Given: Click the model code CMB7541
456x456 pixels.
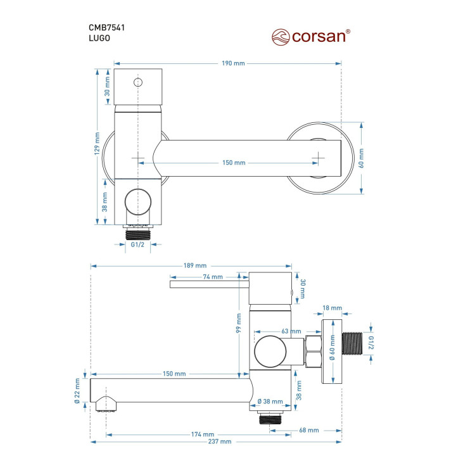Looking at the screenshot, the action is [x=107, y=28].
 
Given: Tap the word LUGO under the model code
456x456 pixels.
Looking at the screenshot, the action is [x=99, y=38].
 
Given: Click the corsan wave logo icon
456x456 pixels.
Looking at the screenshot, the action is [x=281, y=37].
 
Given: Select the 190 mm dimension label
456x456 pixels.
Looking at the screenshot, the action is [x=233, y=63].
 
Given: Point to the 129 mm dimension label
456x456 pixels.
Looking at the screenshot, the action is [x=97, y=143].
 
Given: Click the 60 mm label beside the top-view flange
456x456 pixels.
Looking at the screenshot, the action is [x=361, y=158].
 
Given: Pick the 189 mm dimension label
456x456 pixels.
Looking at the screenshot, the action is [x=195, y=265].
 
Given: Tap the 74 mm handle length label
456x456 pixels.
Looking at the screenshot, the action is [x=213, y=277].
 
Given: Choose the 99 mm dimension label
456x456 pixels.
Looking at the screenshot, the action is [x=239, y=323].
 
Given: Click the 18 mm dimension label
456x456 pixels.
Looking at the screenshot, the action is [x=332, y=308].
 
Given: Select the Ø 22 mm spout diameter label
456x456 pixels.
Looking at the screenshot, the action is [x=77, y=391].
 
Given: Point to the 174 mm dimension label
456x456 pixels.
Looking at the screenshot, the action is [x=203, y=434].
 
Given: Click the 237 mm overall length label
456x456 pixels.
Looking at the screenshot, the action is [x=220, y=441].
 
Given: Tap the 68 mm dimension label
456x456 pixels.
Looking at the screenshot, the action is [x=309, y=430].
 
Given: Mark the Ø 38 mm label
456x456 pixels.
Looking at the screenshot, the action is [x=270, y=402].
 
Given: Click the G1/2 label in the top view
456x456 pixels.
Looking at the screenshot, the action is [x=137, y=244].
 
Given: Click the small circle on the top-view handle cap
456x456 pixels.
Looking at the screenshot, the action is [x=138, y=82].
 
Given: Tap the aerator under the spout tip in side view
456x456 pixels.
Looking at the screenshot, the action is [x=106, y=404].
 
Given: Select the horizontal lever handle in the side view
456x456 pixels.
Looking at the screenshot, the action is [x=210, y=284].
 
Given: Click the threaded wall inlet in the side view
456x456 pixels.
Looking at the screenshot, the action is [x=352, y=343].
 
